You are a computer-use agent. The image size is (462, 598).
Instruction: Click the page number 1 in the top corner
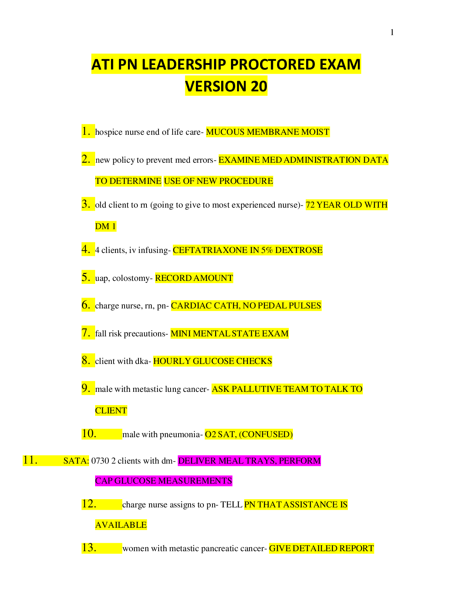392,32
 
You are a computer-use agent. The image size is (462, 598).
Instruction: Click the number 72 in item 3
310,205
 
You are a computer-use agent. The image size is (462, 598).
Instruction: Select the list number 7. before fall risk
86,333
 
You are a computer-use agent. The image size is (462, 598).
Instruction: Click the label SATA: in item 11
76,461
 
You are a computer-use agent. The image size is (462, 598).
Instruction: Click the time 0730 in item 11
100,461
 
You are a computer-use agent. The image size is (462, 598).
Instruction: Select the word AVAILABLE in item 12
121,525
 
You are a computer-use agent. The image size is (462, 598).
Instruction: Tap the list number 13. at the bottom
89,548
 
